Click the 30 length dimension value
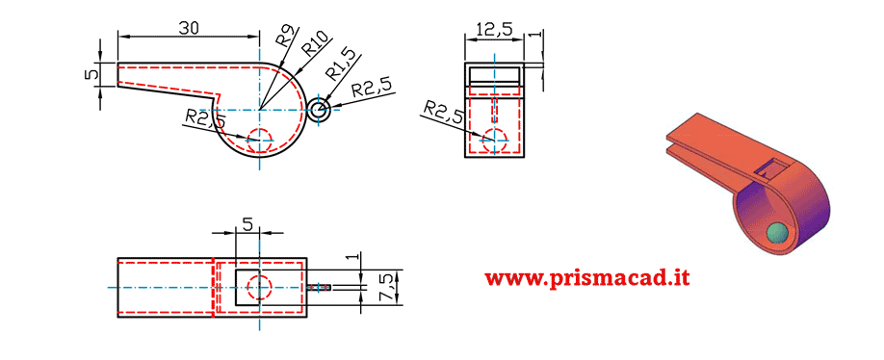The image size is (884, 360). pos(189,29)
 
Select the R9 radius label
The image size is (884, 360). pos(283,36)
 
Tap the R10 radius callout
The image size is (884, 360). pos(315,44)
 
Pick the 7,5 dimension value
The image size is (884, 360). pos(386,286)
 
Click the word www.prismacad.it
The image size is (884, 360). pos(586,277)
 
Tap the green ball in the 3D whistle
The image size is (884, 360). pos(775,233)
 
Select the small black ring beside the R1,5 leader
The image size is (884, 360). pos(320,111)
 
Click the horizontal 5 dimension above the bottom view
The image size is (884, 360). pos(247,224)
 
